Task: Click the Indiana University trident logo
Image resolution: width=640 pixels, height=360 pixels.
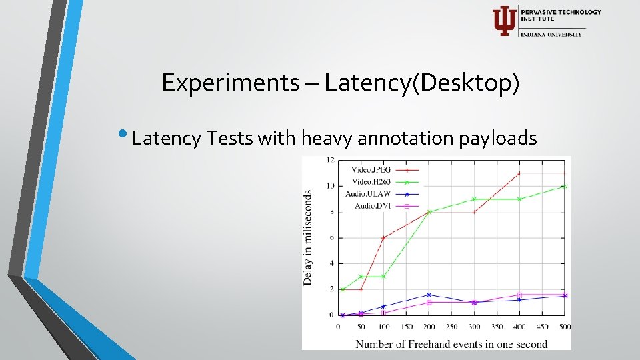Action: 503,21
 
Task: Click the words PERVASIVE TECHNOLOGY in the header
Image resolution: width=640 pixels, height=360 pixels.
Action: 561,12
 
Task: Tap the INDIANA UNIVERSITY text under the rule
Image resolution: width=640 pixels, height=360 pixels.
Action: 552,34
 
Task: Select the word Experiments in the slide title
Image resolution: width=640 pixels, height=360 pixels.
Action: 230,83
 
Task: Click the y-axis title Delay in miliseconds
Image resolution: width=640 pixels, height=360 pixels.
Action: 308,237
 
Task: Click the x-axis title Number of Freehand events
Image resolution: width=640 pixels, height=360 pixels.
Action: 451,344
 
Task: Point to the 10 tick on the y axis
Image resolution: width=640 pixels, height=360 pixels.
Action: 330,186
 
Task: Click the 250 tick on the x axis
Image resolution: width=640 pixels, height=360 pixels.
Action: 451,326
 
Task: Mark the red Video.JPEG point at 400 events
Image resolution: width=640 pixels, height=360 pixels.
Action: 519,173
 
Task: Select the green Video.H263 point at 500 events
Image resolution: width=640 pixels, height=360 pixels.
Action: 565,187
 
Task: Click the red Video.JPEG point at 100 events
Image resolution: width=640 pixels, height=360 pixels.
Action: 383,238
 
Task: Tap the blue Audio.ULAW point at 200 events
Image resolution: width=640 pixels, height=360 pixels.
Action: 429,295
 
